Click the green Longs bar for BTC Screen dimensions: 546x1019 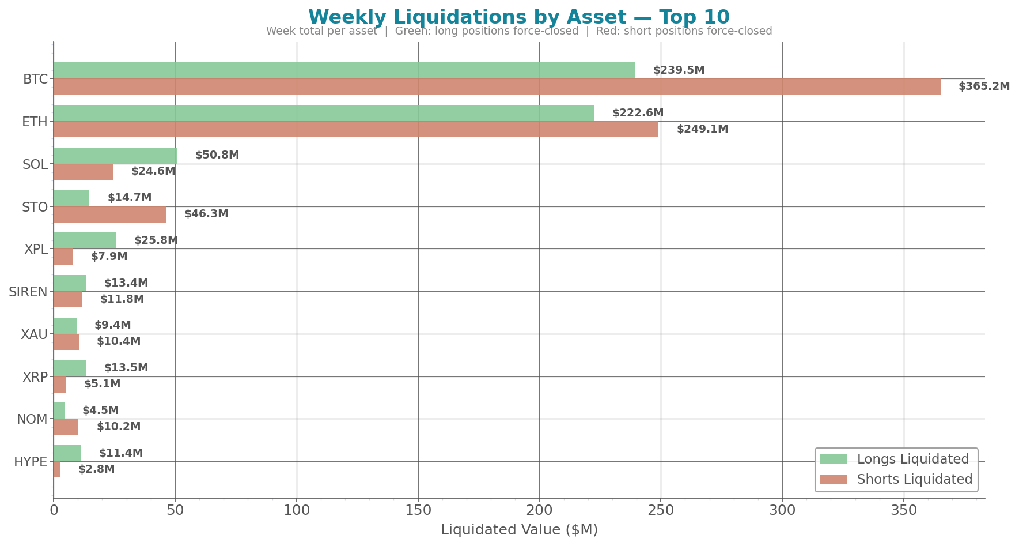[x=344, y=70]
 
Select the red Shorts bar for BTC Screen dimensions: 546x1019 [x=497, y=86]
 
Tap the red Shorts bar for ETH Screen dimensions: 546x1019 [x=356, y=129]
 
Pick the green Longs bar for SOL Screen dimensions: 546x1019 [x=115, y=156]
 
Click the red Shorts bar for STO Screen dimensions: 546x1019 [x=109, y=214]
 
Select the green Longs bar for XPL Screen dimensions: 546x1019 [x=85, y=240]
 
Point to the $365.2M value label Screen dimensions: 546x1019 [x=984, y=86]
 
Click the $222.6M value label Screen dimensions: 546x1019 [x=638, y=113]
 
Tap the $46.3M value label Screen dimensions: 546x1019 [x=206, y=214]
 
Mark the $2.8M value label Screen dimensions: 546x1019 [x=96, y=469]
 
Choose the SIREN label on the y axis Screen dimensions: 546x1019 [x=28, y=292]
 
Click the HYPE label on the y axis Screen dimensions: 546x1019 [x=31, y=462]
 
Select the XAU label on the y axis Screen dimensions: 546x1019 [x=34, y=334]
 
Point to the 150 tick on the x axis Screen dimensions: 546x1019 [x=418, y=510]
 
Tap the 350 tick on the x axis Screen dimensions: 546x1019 [x=904, y=510]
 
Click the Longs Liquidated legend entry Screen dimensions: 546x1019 [x=912, y=459]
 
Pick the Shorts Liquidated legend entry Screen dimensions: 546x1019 [x=914, y=479]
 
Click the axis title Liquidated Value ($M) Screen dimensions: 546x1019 [x=519, y=530]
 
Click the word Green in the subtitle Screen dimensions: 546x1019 [x=409, y=31]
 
